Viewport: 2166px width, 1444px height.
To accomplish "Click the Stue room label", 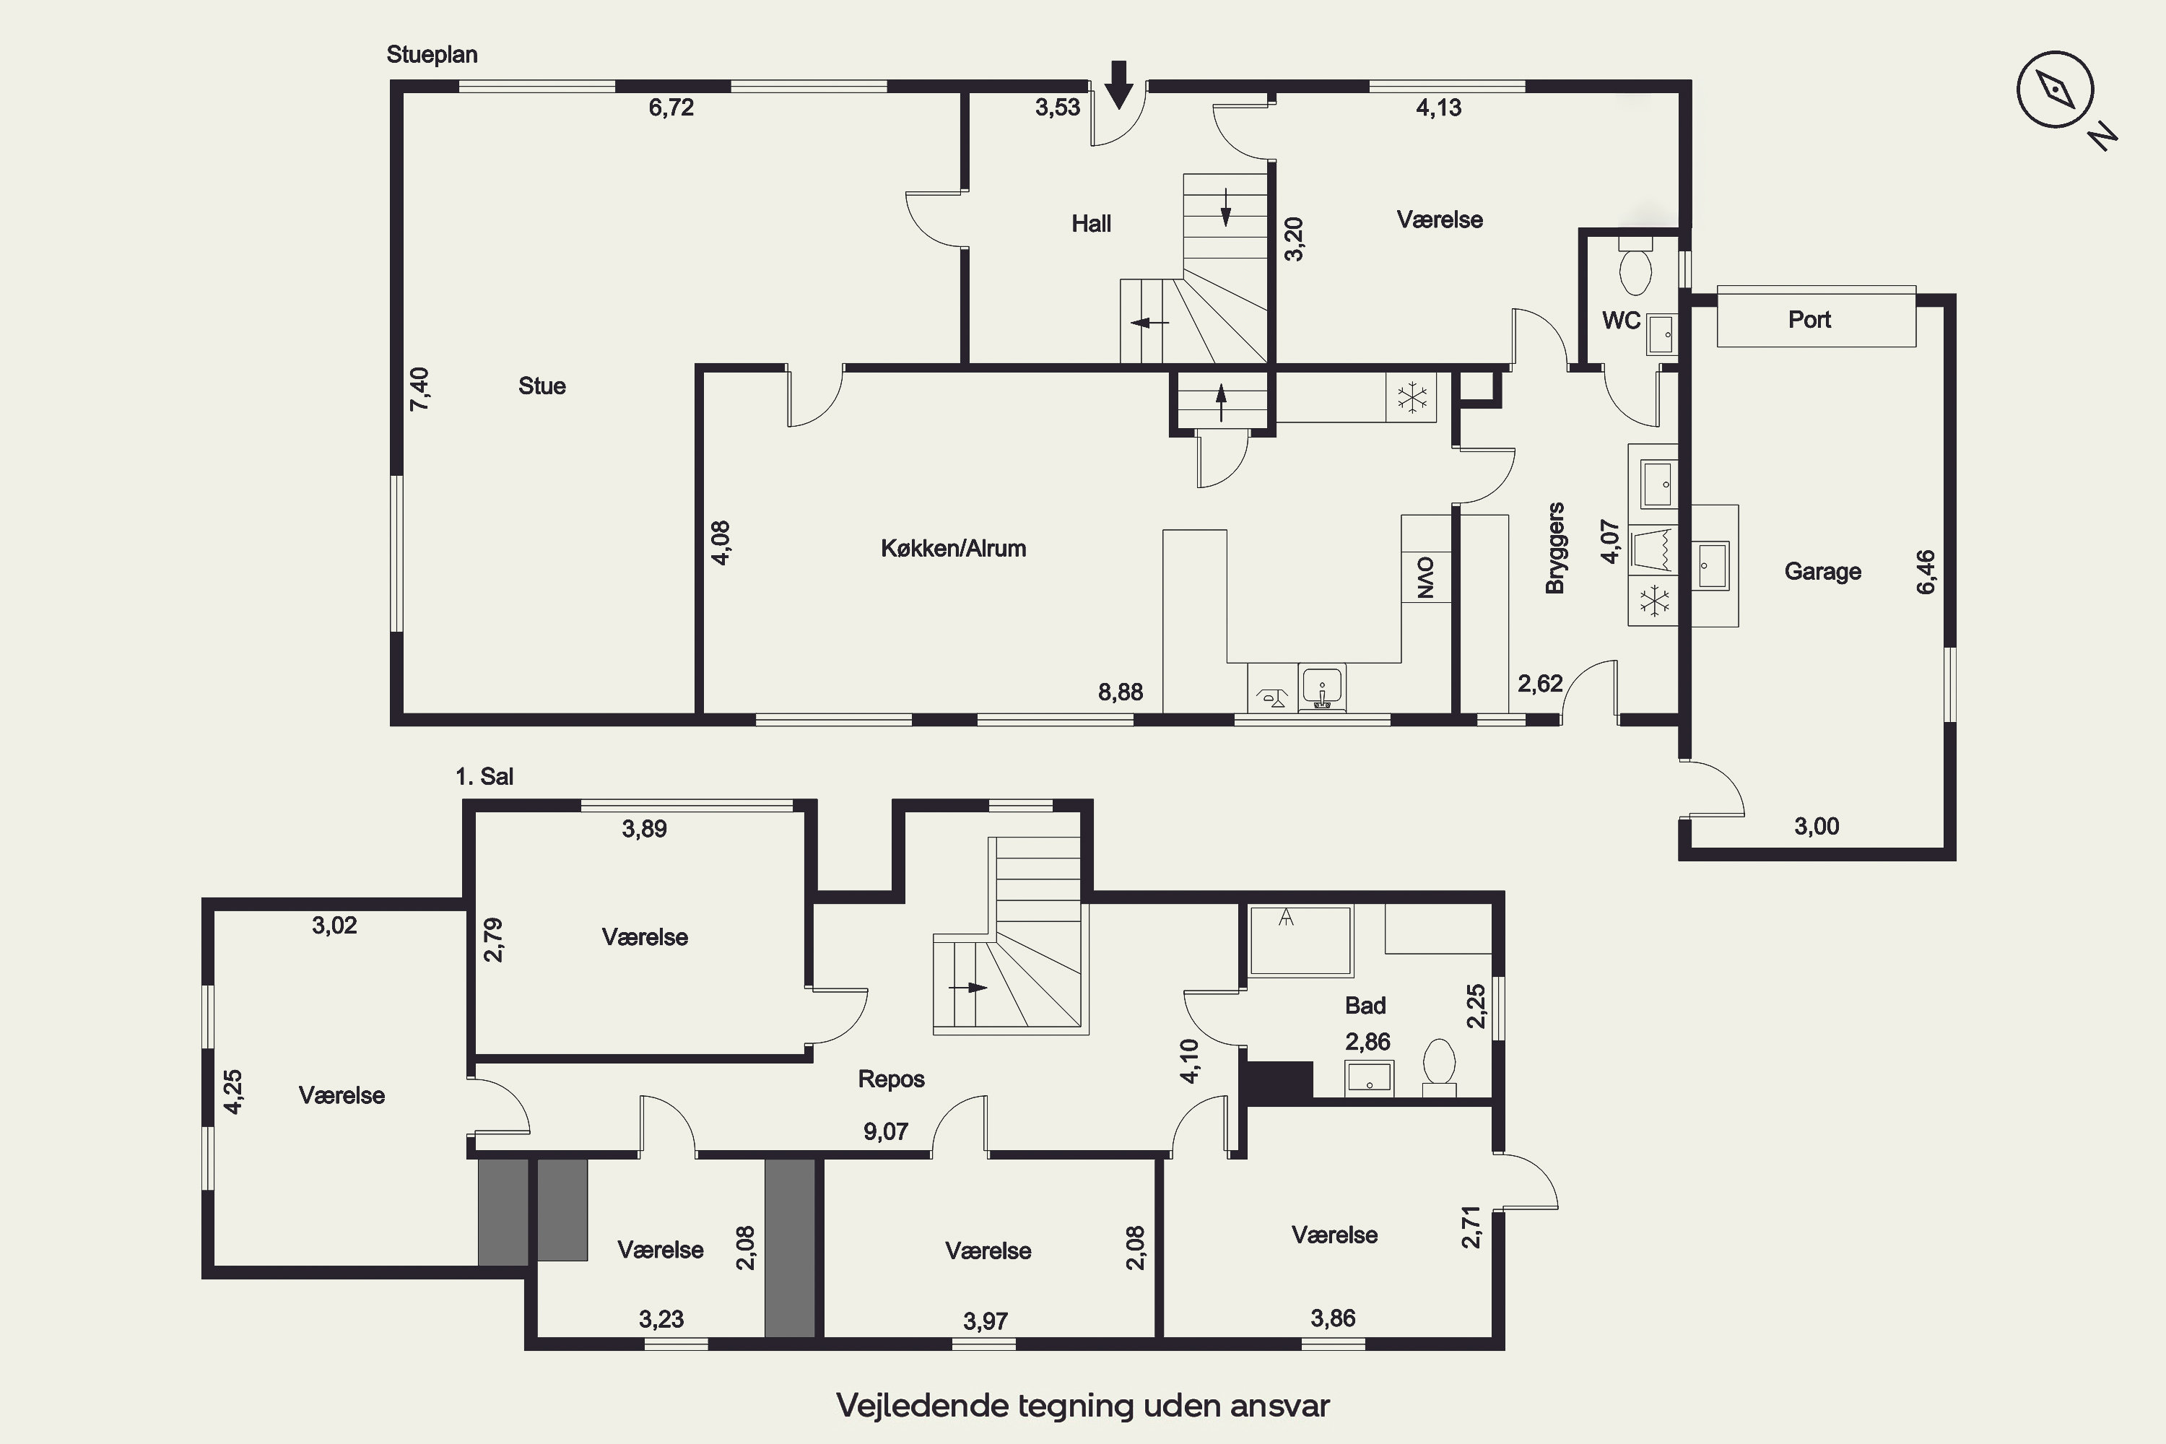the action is tap(541, 386).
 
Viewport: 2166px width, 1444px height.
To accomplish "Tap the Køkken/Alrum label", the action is tap(953, 549).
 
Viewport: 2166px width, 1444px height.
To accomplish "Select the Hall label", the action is tap(1091, 224).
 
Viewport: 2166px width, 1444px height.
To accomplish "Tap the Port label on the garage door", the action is tap(1809, 320).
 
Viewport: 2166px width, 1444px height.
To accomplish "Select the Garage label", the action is tap(1822, 571).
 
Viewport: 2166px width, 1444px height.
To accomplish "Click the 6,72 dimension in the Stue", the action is tap(671, 108).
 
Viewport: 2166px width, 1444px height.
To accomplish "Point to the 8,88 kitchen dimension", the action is tap(1121, 692).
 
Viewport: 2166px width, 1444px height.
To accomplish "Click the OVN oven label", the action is tap(1425, 578).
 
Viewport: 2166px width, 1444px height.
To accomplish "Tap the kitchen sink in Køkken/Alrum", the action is tap(1321, 689).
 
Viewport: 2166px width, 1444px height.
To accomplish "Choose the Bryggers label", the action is tap(1555, 548).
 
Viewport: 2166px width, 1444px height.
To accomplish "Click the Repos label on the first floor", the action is tap(892, 1079).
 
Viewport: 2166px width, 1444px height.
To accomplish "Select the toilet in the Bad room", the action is tap(1440, 1069).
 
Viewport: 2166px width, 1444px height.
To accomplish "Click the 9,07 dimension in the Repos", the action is tap(886, 1132).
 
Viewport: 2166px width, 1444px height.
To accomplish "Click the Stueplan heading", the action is tap(432, 56).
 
